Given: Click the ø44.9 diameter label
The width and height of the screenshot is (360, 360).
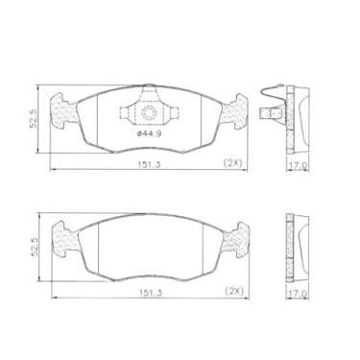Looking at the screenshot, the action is click(149, 134).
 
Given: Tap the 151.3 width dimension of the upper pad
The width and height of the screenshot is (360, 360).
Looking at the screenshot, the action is click(149, 164).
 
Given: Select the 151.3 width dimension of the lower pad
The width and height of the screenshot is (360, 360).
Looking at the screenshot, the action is click(151, 292).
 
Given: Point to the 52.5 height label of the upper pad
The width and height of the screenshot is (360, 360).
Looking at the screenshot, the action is click(33, 118).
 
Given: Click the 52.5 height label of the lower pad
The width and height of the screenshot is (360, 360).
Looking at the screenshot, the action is click(35, 247).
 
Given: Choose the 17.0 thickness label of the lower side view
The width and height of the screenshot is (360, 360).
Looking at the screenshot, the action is click(297, 292).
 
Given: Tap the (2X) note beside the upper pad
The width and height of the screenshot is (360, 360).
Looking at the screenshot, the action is click(232, 162).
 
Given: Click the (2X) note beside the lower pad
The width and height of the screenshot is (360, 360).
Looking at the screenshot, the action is click(235, 291).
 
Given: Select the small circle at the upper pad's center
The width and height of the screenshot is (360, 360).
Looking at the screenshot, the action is click(149, 112).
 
